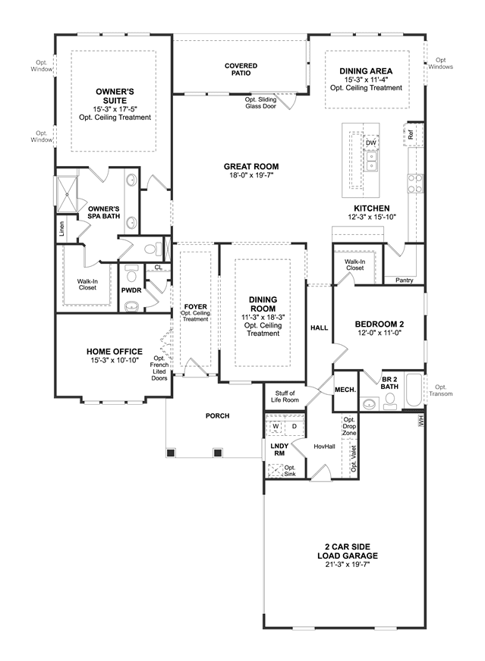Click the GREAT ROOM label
(x=251, y=167)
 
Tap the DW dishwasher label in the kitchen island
(x=370, y=143)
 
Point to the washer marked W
(x=276, y=426)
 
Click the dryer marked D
(x=294, y=426)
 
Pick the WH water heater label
(x=420, y=420)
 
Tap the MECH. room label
(x=345, y=390)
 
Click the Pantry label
(x=404, y=280)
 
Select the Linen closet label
(x=62, y=228)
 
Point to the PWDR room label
(x=131, y=290)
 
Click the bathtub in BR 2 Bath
(x=414, y=390)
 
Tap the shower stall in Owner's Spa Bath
(x=67, y=193)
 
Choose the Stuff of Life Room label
(x=285, y=396)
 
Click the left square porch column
(x=170, y=453)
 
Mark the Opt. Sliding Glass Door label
(x=261, y=103)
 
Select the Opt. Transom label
(x=441, y=390)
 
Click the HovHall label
(x=324, y=446)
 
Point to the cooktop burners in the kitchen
(x=415, y=183)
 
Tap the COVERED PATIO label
(x=241, y=69)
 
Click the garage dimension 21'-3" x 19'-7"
(x=348, y=565)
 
